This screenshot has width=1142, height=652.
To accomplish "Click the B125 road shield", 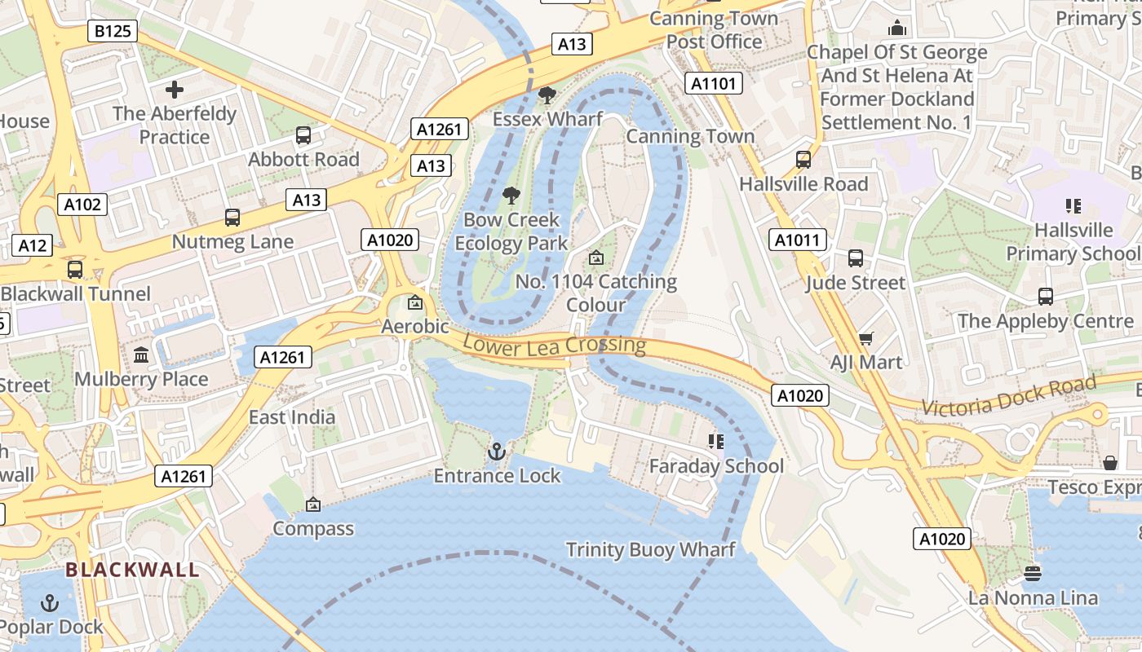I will click(113, 32).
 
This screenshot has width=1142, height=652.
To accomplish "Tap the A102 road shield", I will click(83, 204).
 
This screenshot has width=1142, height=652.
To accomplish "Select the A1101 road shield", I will click(713, 83).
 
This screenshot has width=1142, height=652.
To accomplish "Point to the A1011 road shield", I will click(798, 240).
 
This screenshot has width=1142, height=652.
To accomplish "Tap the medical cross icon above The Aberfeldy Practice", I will click(175, 89).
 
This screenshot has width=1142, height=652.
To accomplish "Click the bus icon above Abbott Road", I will click(303, 135).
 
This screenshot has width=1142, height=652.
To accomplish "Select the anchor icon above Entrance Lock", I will click(497, 452).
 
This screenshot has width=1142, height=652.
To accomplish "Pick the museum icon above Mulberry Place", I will click(141, 355).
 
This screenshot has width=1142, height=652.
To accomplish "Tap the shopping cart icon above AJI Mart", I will click(865, 338).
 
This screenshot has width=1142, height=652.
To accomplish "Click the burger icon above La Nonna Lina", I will click(1033, 574).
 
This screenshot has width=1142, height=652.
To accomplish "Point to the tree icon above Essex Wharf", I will click(547, 95).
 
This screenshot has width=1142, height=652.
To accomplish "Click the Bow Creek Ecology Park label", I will click(511, 231).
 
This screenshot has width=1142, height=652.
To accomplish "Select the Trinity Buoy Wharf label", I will click(650, 549).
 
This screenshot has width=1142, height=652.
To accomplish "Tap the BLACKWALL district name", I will click(132, 570).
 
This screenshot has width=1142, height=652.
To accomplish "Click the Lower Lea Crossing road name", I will click(555, 344).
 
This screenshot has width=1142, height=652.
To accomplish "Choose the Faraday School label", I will click(716, 466).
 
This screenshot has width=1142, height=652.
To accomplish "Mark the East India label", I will click(292, 417).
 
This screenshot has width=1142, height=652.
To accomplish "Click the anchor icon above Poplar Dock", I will click(51, 603).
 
